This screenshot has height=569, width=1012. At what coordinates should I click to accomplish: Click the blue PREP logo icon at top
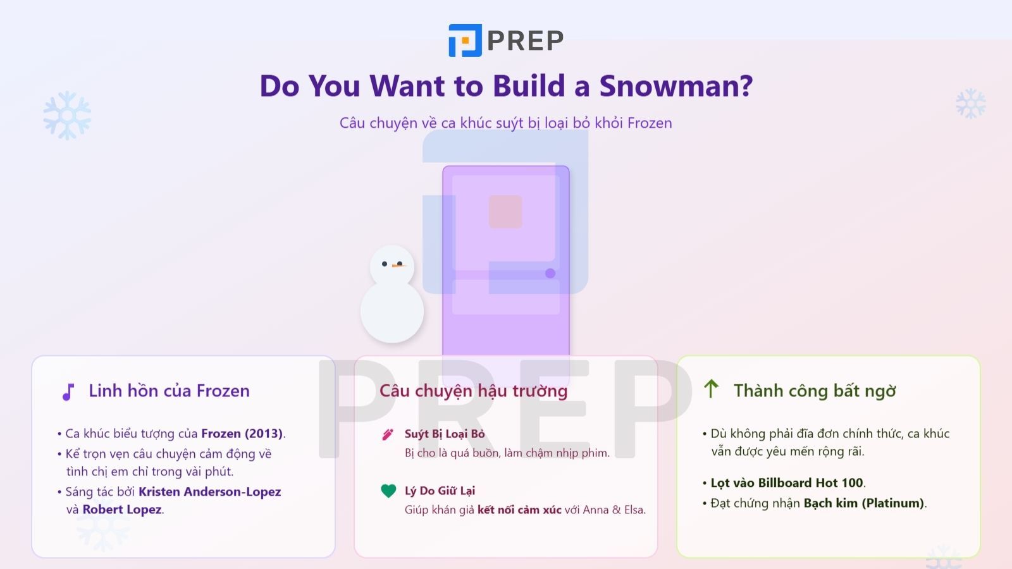pyautogui.click(x=465, y=40)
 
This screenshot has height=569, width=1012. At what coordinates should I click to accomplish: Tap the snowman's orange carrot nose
pyautogui.click(x=398, y=266)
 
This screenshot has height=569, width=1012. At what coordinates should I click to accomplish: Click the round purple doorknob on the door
pyautogui.click(x=550, y=273)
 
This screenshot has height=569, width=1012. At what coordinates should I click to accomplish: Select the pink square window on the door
pyautogui.click(x=505, y=211)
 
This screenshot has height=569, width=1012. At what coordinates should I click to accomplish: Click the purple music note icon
pyautogui.click(x=68, y=392)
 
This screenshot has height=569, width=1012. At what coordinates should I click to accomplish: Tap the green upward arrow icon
pyautogui.click(x=711, y=389)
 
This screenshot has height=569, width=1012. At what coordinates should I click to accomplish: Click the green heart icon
pyautogui.click(x=388, y=491)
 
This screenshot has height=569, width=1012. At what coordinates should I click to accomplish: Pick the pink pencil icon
pyautogui.click(x=388, y=434)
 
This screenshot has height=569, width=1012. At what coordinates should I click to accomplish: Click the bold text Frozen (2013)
pyautogui.click(x=242, y=434)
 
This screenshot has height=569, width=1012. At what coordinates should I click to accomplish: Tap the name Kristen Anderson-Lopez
pyautogui.click(x=209, y=491)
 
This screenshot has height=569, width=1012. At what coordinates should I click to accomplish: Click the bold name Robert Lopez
pyautogui.click(x=122, y=510)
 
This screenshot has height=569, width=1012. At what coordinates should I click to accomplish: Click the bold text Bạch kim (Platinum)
pyautogui.click(x=864, y=503)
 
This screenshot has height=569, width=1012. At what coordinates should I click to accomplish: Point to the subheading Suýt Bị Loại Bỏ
pyautogui.click(x=445, y=434)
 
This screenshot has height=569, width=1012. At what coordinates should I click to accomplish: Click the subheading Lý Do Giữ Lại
pyautogui.click(x=440, y=491)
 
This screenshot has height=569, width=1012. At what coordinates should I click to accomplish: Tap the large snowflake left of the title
pyautogui.click(x=67, y=116)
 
